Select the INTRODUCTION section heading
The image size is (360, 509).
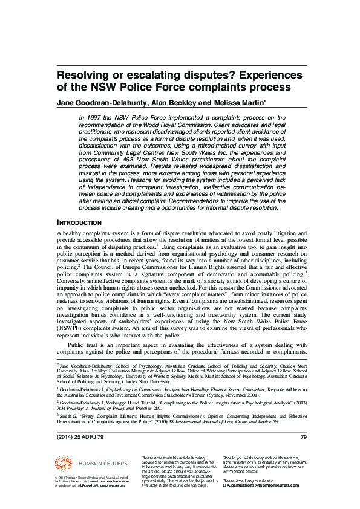[x=81, y=222]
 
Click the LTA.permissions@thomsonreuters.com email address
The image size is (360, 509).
[x=260, y=485]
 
